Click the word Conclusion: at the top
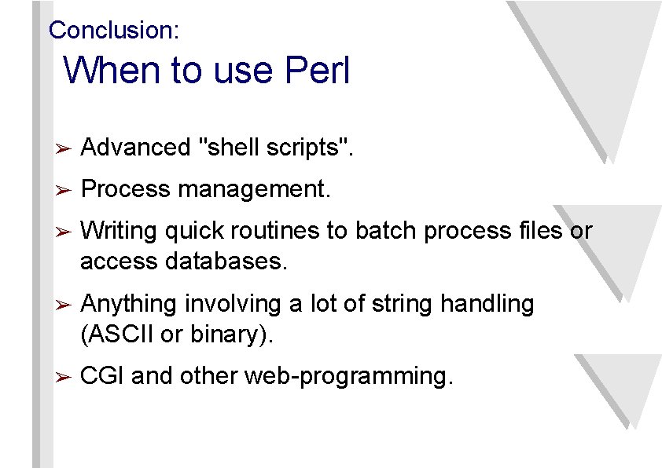tap(114, 31)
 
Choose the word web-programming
tap(348, 377)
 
